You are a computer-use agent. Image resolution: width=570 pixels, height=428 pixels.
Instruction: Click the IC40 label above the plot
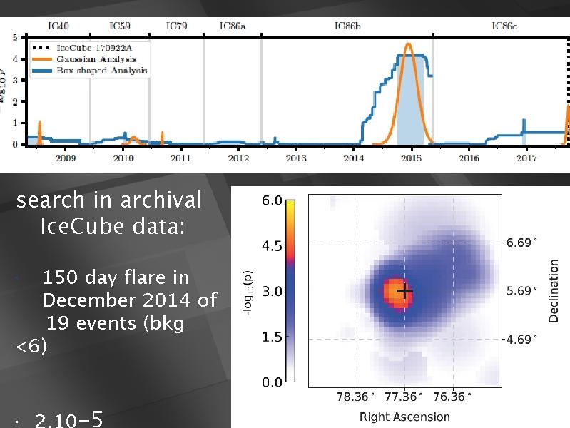point(58,26)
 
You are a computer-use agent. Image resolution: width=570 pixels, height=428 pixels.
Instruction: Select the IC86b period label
point(347,26)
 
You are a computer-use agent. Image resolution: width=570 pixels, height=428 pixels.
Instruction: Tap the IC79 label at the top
point(176,26)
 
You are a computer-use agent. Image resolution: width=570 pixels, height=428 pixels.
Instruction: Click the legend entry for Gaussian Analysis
point(96,59)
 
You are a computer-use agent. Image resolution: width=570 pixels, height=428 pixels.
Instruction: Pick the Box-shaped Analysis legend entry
point(100,71)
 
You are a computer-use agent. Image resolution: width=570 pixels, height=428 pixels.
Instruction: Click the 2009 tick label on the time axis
point(66,157)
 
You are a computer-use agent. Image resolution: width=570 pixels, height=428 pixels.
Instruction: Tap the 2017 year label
point(526,157)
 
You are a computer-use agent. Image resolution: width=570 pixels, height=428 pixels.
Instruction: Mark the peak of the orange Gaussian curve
point(409,44)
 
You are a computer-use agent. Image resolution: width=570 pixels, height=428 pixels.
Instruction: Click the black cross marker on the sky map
point(405,291)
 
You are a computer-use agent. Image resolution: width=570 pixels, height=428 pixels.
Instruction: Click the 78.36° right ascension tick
point(355,397)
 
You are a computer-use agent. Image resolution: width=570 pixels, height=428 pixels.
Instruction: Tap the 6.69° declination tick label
point(521,243)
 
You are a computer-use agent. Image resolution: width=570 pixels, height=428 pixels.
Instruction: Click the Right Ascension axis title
point(404,417)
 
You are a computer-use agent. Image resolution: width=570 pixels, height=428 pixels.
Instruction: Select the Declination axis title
point(554,291)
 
